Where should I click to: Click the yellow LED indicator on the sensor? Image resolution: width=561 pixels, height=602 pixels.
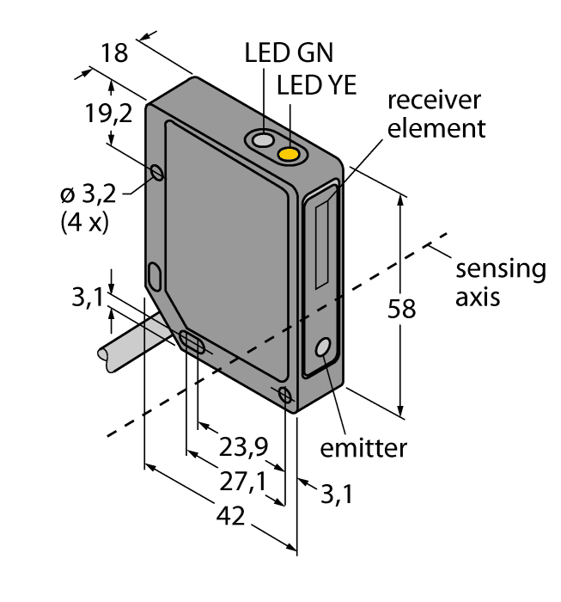[x=290, y=154]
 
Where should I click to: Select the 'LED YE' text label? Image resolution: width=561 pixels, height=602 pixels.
[x=317, y=85]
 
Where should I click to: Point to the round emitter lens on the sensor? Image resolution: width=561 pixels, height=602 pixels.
[x=324, y=347]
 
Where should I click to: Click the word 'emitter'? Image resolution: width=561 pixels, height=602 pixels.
[x=363, y=448]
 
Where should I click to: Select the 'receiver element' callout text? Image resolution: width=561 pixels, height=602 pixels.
[x=436, y=114]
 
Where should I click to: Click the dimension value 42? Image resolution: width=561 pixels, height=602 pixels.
[x=230, y=517]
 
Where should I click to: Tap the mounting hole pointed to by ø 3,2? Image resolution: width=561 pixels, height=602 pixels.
[x=156, y=174]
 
